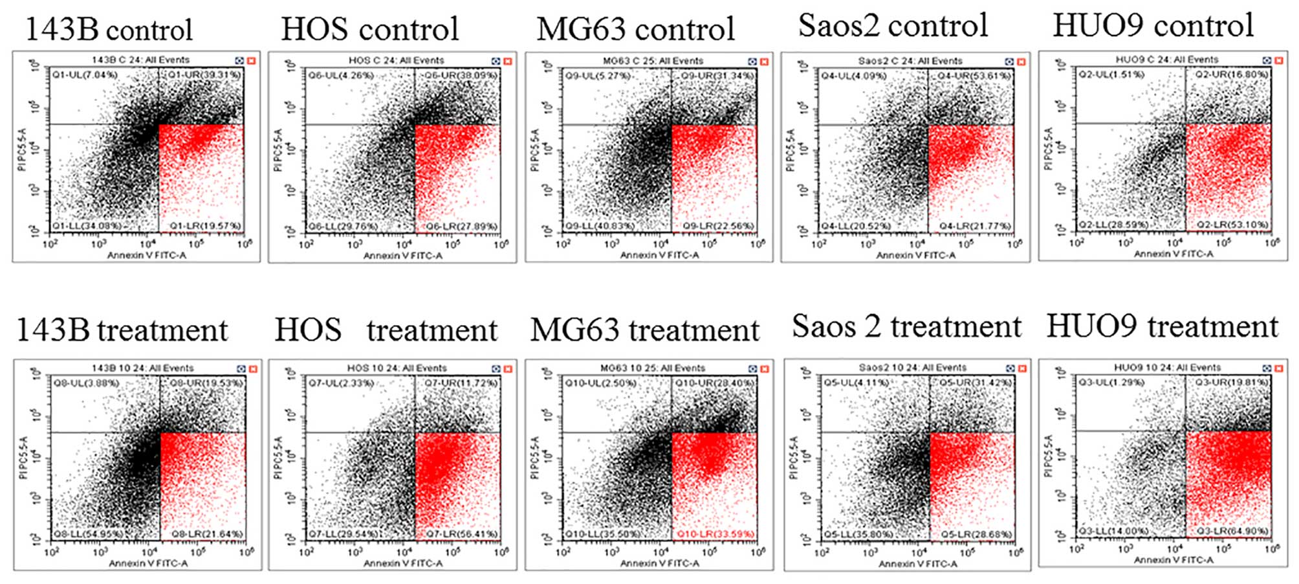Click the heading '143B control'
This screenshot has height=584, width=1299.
(x=109, y=30)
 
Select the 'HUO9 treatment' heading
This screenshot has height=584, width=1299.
(x=1163, y=326)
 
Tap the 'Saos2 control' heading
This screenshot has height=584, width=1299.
(x=893, y=26)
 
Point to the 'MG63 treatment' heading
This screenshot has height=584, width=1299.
(x=644, y=330)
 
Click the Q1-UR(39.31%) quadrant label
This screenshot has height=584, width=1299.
(x=204, y=75)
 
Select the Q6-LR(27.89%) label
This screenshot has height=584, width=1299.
(x=461, y=227)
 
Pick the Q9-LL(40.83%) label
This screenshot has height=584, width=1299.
(x=600, y=226)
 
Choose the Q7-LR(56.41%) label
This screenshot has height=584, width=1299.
(x=461, y=534)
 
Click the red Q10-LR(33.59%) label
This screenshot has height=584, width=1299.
(x=715, y=534)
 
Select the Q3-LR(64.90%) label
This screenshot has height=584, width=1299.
(x=1232, y=532)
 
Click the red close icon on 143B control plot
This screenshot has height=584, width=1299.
(x=251, y=61)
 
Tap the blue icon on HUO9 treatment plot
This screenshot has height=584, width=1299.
(x=1267, y=368)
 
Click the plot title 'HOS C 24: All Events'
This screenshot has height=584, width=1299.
(x=396, y=60)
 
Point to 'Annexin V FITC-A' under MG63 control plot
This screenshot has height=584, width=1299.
(x=659, y=255)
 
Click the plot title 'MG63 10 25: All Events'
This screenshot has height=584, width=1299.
(x=651, y=368)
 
